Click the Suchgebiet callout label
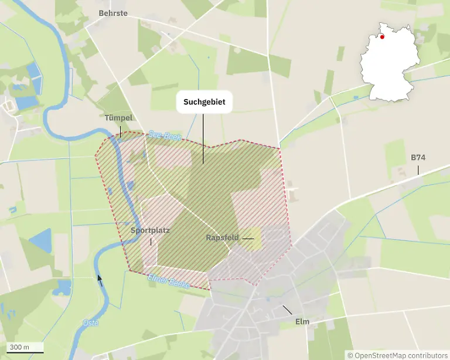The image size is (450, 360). click(203, 103)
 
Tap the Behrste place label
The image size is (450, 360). click(113, 13)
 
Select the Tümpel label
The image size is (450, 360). click(119, 118)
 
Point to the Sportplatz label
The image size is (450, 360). click(150, 230)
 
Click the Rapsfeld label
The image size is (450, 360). click(223, 238)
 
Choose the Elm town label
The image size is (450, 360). click(302, 321)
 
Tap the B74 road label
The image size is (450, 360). click(418, 158)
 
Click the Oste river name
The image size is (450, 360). click(91, 323)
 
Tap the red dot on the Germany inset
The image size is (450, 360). click(382, 36)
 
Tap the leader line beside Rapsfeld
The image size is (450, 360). click(248, 239)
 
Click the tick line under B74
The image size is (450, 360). click(418, 169)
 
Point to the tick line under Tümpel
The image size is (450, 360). click(120, 133)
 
